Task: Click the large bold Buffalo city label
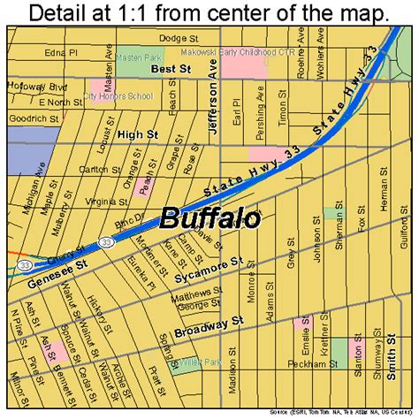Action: click(209, 217)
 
